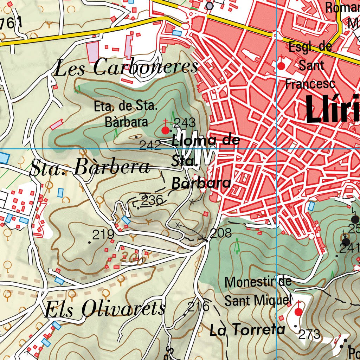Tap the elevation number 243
[x=185, y=123]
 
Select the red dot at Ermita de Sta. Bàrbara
[x=165, y=131]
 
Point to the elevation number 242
[x=150, y=145]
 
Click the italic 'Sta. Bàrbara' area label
[x=90, y=168]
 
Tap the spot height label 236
[x=152, y=200]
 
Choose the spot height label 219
[x=103, y=234]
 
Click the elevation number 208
[x=221, y=233]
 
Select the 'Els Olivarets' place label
[x=105, y=309]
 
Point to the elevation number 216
[x=198, y=307]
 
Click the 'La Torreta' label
[x=247, y=330]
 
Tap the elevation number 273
[x=309, y=334]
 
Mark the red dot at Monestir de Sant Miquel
[x=299, y=312]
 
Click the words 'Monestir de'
[x=258, y=282]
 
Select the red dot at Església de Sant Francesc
[x=281, y=66]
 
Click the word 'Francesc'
[x=310, y=84]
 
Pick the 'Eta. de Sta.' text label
[x=126, y=107]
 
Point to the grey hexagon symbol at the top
[x=210, y=6]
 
